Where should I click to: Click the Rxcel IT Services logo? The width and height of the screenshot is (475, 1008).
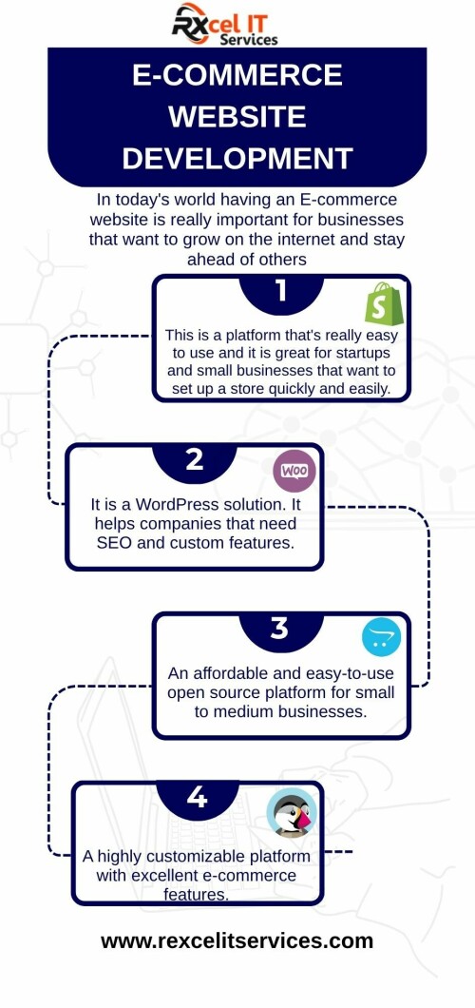(224, 24)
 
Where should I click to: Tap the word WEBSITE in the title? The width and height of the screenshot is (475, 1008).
(237, 117)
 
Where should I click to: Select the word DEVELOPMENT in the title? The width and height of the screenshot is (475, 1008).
(237, 158)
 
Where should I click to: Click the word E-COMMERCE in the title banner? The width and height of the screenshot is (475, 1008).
(237, 75)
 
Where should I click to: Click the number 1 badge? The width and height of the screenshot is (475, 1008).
(281, 293)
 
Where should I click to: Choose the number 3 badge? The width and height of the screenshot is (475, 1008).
(280, 630)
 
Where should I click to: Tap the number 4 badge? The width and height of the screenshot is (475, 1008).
(197, 799)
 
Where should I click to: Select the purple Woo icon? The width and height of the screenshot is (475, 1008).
(294, 471)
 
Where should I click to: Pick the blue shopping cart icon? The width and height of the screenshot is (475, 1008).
(381, 637)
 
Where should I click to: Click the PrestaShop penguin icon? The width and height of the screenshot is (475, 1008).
(292, 813)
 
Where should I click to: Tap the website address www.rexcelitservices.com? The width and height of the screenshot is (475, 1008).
(237, 941)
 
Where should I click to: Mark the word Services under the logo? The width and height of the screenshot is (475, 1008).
(249, 39)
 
